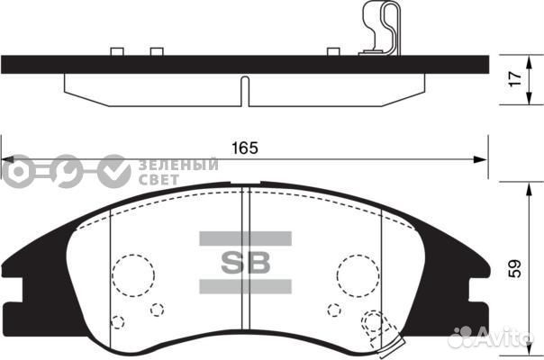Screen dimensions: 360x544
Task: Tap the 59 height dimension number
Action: coord(514,267)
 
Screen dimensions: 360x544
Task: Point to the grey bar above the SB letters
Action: coord(244,238)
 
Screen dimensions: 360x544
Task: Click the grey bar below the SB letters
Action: coord(244,286)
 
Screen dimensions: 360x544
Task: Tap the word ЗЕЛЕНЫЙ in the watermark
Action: coord(179,164)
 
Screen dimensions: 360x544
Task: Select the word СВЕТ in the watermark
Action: coord(159,178)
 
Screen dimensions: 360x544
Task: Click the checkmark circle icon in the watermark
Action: coord(114,169)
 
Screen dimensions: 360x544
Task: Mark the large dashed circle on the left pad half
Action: coord(133,273)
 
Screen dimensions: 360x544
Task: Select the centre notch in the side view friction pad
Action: coord(244,89)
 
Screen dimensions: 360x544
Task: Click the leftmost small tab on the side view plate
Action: coord(114,51)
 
